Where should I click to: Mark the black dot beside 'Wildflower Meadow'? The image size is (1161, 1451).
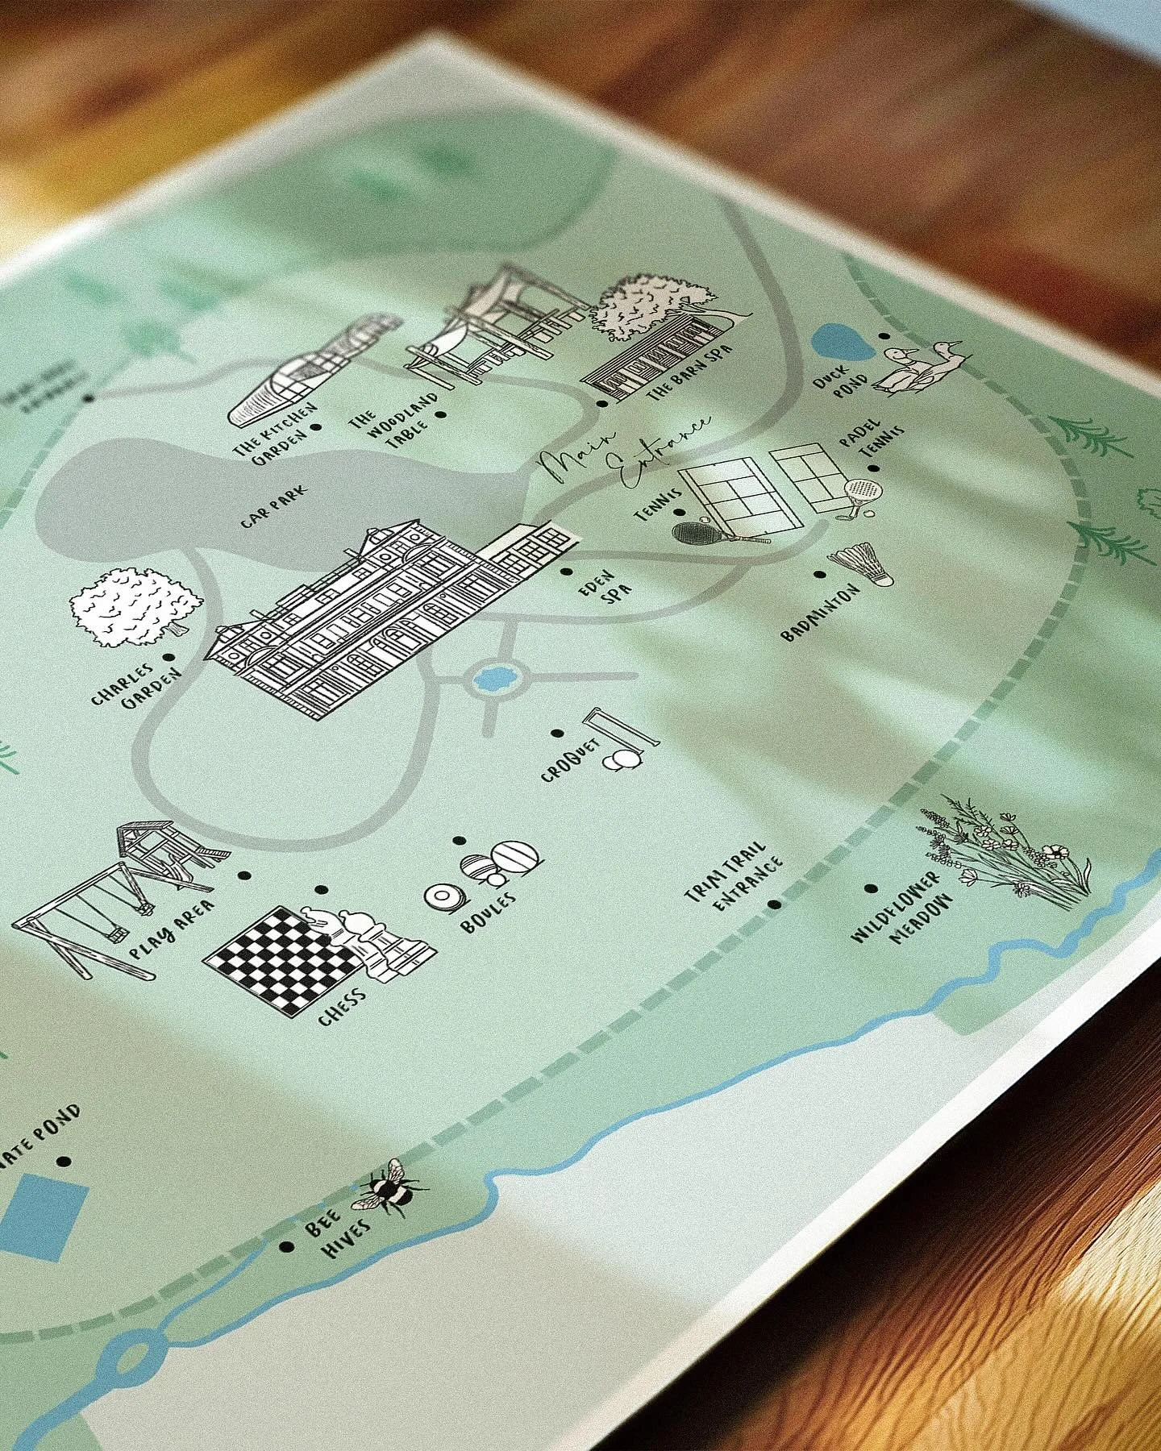coord(871,889)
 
